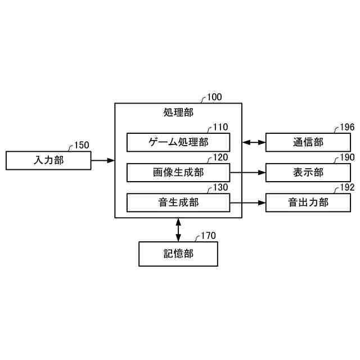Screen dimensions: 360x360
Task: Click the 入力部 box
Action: pos(48,161)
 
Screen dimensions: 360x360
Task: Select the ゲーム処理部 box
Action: pos(178,142)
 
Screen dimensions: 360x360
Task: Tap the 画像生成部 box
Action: pos(178,173)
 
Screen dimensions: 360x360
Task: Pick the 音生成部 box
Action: pos(178,202)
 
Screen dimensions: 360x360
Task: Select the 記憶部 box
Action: pos(178,254)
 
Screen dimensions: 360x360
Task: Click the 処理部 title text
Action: pos(178,112)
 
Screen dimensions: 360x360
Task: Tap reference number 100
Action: pos(214,97)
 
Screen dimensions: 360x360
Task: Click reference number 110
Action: pos(220,128)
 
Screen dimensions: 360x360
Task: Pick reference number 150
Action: pos(81,145)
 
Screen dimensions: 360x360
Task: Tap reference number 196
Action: pos(347,128)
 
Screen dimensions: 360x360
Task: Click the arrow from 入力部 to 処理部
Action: pos(102,161)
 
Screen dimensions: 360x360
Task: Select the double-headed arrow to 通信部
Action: pos(254,142)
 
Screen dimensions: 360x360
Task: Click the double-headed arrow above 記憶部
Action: pos(178,229)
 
